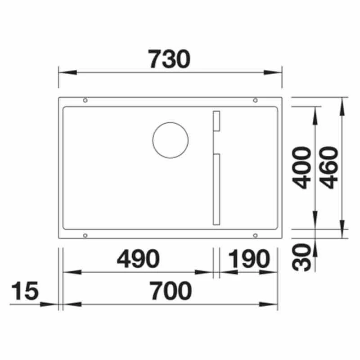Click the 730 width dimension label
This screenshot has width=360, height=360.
click(169, 59)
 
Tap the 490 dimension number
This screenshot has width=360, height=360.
click(138, 259)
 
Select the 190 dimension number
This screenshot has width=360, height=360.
click(249, 259)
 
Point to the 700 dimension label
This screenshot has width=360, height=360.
click(171, 291)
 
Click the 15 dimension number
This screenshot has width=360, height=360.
click(25, 291)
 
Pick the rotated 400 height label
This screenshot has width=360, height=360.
click(301, 167)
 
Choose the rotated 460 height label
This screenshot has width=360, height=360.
click(329, 167)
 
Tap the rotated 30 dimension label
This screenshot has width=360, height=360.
click(301, 257)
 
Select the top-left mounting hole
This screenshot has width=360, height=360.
click(85, 100)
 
